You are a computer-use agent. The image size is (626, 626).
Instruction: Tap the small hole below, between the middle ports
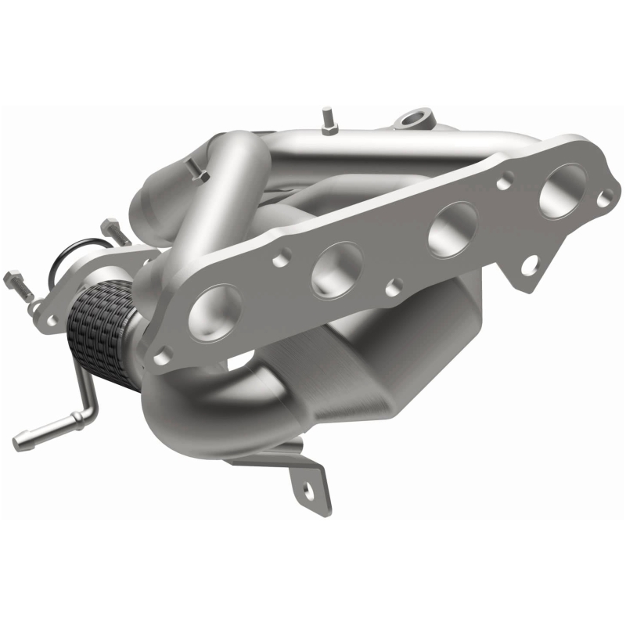point(396,286)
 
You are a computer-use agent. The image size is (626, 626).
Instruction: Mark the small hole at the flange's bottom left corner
point(162,356)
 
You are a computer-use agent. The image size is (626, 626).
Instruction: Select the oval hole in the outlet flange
point(52,319)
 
